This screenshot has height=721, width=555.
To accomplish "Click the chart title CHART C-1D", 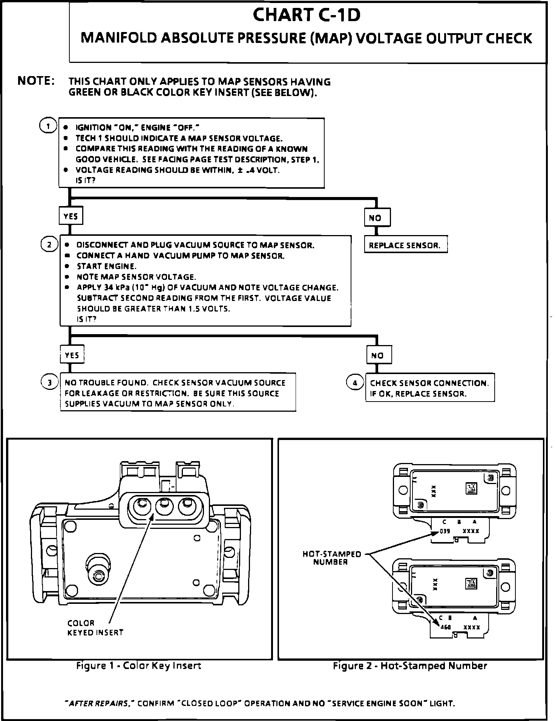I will coord(307,15).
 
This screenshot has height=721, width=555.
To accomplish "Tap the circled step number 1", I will coord(48,126).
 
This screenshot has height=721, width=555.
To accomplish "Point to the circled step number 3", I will coord(49,383).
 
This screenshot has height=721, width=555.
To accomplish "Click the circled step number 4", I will coord(355,383).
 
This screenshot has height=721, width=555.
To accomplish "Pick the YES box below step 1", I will coord(71,216).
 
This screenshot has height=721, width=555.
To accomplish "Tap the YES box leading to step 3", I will coord(72,355).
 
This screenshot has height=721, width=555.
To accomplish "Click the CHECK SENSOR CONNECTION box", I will coord(429,388).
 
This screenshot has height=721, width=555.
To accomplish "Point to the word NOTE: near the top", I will coord(36,81).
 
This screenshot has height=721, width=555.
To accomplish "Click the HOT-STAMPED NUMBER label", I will coord(331,558).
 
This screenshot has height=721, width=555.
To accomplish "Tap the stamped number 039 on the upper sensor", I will coord(445,531).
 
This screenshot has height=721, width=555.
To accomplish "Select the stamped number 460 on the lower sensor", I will coord(446,628).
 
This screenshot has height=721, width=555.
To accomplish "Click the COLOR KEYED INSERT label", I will coord(95,628).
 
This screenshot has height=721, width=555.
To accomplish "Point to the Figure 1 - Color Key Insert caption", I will coord(139,666).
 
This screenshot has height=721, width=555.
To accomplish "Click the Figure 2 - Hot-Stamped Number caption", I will coord(410,666).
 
